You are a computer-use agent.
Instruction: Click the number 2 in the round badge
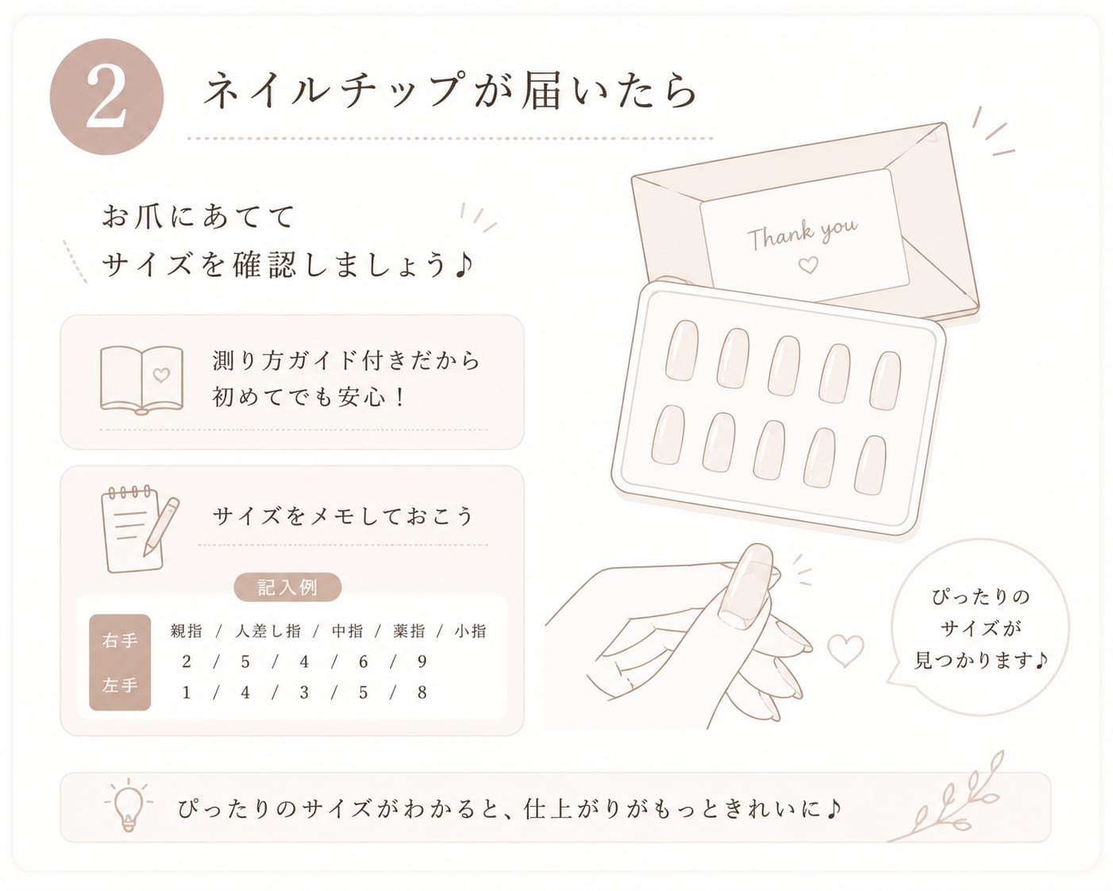(106, 97)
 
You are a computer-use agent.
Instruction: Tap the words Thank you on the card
(802, 233)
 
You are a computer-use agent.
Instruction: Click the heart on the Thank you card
(808, 265)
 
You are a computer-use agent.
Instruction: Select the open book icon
(141, 380)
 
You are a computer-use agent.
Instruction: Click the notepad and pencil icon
(140, 529)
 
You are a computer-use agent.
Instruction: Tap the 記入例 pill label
(287, 588)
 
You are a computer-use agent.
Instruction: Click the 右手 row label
(120, 641)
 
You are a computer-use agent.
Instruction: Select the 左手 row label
(120, 685)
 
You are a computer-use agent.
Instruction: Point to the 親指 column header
(187, 631)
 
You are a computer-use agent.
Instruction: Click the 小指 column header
(471, 631)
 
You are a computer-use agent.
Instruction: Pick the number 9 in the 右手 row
(422, 661)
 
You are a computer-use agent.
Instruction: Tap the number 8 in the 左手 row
(422, 692)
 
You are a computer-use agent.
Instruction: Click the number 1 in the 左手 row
(187, 692)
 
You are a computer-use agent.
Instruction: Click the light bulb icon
(129, 805)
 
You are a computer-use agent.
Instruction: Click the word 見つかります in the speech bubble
(973, 661)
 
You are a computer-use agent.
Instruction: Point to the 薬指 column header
(409, 631)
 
